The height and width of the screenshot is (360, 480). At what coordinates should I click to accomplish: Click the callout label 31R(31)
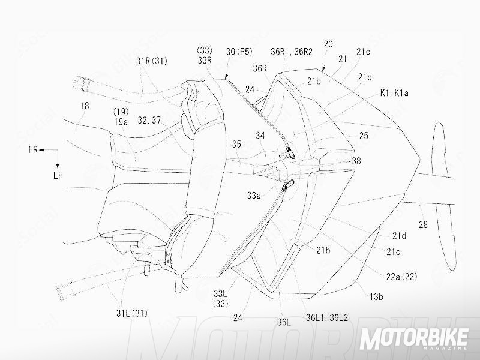tap(152, 61)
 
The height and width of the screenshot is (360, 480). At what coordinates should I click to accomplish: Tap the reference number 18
tap(85, 106)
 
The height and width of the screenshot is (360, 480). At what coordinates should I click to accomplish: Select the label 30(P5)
tap(239, 52)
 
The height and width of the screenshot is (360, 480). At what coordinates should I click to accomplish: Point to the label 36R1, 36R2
tap(292, 52)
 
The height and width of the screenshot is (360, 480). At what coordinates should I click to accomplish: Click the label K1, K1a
tap(394, 93)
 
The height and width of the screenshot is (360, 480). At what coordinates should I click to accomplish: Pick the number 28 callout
tap(423, 225)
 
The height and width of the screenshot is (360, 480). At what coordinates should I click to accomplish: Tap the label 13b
tap(376, 296)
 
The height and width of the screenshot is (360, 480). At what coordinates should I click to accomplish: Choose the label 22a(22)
tap(401, 277)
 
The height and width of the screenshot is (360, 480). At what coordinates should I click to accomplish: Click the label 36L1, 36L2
tap(327, 317)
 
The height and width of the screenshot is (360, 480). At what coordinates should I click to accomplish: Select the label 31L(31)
tap(131, 313)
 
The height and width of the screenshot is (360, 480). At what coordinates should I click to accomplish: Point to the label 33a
tap(254, 196)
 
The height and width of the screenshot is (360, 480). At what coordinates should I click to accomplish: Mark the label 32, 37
tap(149, 121)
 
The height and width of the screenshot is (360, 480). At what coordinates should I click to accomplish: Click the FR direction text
tap(33, 150)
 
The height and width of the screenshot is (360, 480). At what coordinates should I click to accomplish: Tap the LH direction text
tap(58, 175)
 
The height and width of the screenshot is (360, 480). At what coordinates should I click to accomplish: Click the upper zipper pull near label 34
tap(290, 152)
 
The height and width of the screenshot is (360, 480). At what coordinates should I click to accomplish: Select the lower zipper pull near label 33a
tap(287, 185)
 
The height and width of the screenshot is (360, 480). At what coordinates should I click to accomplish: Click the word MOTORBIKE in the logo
tap(414, 338)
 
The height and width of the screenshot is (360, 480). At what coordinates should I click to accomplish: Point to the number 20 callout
tap(328, 44)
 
